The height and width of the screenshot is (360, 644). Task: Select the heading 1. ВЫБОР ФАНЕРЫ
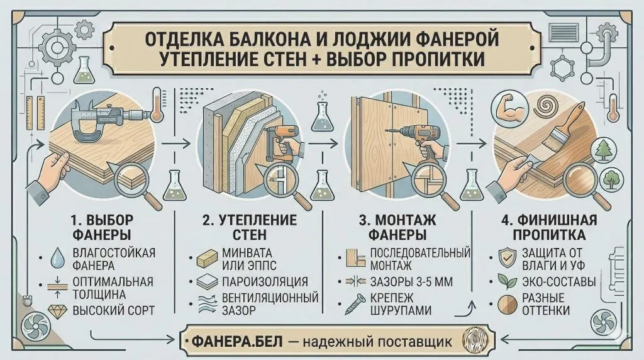102,227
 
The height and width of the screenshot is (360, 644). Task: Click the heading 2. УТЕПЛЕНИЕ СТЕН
249,227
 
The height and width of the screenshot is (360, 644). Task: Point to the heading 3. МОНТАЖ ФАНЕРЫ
397,227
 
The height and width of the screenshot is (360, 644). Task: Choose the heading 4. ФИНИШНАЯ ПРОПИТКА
548,227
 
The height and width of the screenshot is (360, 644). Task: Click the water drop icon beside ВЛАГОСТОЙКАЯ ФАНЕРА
57,257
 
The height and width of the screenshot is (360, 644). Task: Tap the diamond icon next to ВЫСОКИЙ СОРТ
57,311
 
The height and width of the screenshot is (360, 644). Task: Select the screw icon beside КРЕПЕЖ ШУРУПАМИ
355,304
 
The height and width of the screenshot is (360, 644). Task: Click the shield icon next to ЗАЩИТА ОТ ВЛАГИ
507,258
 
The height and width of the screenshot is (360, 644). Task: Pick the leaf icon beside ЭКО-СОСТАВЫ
507,281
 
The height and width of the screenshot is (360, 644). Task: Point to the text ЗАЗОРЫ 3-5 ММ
411,282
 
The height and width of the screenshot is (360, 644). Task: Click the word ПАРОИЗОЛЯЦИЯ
265,282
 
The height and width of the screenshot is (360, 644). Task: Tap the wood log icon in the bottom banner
475,340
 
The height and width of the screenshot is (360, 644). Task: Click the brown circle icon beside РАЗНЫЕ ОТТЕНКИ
508,305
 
